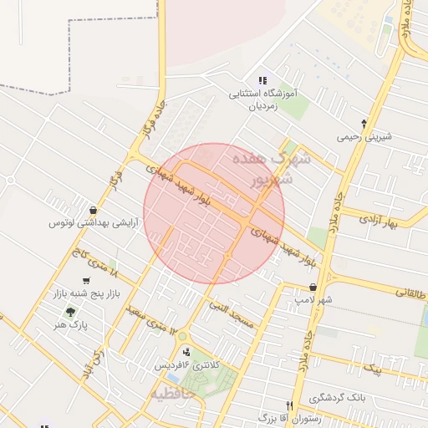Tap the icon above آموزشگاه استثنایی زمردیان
coord(263,81)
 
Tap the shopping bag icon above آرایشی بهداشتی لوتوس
coord(92,210)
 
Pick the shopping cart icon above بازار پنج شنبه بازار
coord(86,281)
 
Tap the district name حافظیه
coord(172,391)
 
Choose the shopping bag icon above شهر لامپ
coord(312,287)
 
